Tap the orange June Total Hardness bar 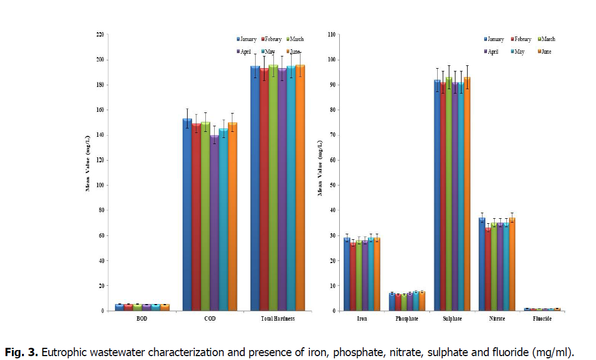click(300, 188)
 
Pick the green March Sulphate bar click(449, 194)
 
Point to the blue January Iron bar click(347, 274)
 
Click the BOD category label click(142, 319)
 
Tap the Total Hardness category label click(277, 319)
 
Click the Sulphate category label click(452, 319)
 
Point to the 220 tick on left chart click(99, 34)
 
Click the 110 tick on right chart click(331, 34)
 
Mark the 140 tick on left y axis click(99, 135)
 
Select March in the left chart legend click(296, 39)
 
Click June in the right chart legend click(545, 52)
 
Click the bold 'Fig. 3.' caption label click(22, 352)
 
